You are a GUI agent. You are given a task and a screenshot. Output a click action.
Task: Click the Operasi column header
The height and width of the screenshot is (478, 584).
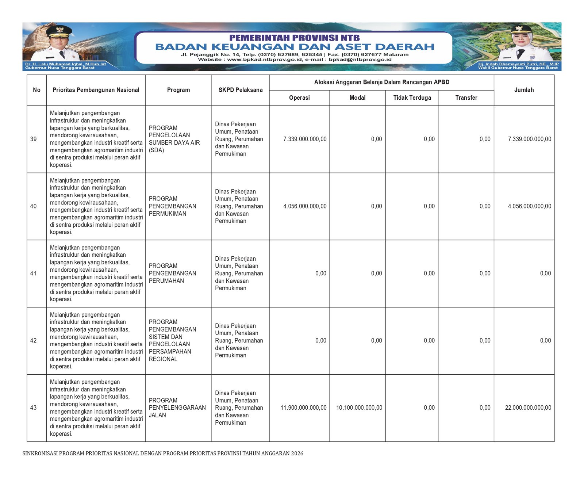point(299,98)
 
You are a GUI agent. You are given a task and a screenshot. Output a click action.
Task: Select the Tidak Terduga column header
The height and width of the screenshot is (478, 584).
point(412,98)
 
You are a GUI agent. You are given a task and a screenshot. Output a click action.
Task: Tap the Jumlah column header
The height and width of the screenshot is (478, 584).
point(524,90)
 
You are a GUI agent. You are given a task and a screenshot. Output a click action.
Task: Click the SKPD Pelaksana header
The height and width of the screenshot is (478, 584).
point(241,90)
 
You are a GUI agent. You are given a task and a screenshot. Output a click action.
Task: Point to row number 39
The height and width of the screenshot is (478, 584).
point(34,139)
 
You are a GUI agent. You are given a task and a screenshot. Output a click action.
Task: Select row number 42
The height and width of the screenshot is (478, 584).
point(34,341)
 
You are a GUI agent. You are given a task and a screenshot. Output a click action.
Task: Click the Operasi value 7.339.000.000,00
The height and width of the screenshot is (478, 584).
point(305,139)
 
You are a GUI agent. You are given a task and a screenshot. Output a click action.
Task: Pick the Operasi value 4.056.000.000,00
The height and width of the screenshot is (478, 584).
point(305,206)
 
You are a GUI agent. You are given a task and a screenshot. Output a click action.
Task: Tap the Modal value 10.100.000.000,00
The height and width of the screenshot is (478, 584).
point(359,408)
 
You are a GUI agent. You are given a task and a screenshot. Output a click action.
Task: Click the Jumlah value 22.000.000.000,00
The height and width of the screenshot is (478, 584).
point(528,408)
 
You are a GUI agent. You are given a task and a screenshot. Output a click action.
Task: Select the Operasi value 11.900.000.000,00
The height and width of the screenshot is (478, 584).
point(303,408)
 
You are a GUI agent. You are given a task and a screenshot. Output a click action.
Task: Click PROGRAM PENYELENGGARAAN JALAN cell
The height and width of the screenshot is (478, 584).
point(177,408)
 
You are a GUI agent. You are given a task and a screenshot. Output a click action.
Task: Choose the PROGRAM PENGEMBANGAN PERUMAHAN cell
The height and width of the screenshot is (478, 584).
point(172,274)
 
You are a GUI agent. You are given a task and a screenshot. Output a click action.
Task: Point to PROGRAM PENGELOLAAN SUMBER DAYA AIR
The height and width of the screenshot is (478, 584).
point(174,139)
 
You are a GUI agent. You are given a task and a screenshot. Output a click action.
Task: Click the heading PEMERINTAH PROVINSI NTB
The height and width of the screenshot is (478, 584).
point(294,38)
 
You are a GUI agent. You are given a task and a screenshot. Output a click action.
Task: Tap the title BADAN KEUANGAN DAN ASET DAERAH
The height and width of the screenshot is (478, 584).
point(295,47)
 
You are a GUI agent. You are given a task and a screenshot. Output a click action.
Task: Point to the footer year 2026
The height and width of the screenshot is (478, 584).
point(297,454)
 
